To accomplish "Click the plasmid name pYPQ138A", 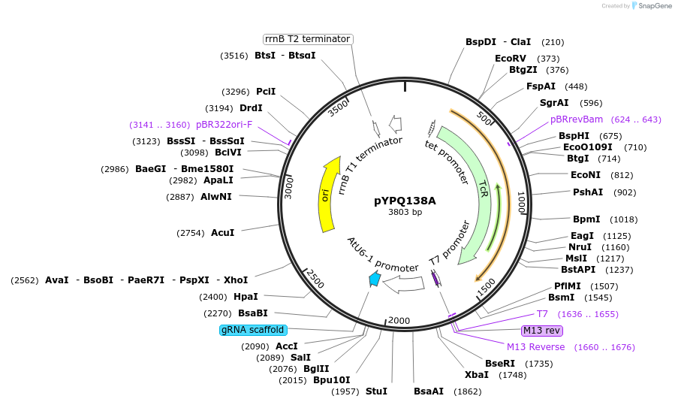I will point(405,201).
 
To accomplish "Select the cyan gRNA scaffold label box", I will point(252,330).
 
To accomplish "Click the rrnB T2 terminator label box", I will point(308,39).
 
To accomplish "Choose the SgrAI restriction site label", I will point(554,102).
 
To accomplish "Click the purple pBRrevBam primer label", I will point(577,119).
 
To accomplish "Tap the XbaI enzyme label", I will point(477,375).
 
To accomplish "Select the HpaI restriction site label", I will point(246,297).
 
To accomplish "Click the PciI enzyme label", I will point(266,92).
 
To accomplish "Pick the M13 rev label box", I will point(542,331).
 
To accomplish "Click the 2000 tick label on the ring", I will point(399,321).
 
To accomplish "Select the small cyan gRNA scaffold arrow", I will point(374,279).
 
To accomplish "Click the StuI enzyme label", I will point(376,391).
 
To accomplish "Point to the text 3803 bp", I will point(405,213).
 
